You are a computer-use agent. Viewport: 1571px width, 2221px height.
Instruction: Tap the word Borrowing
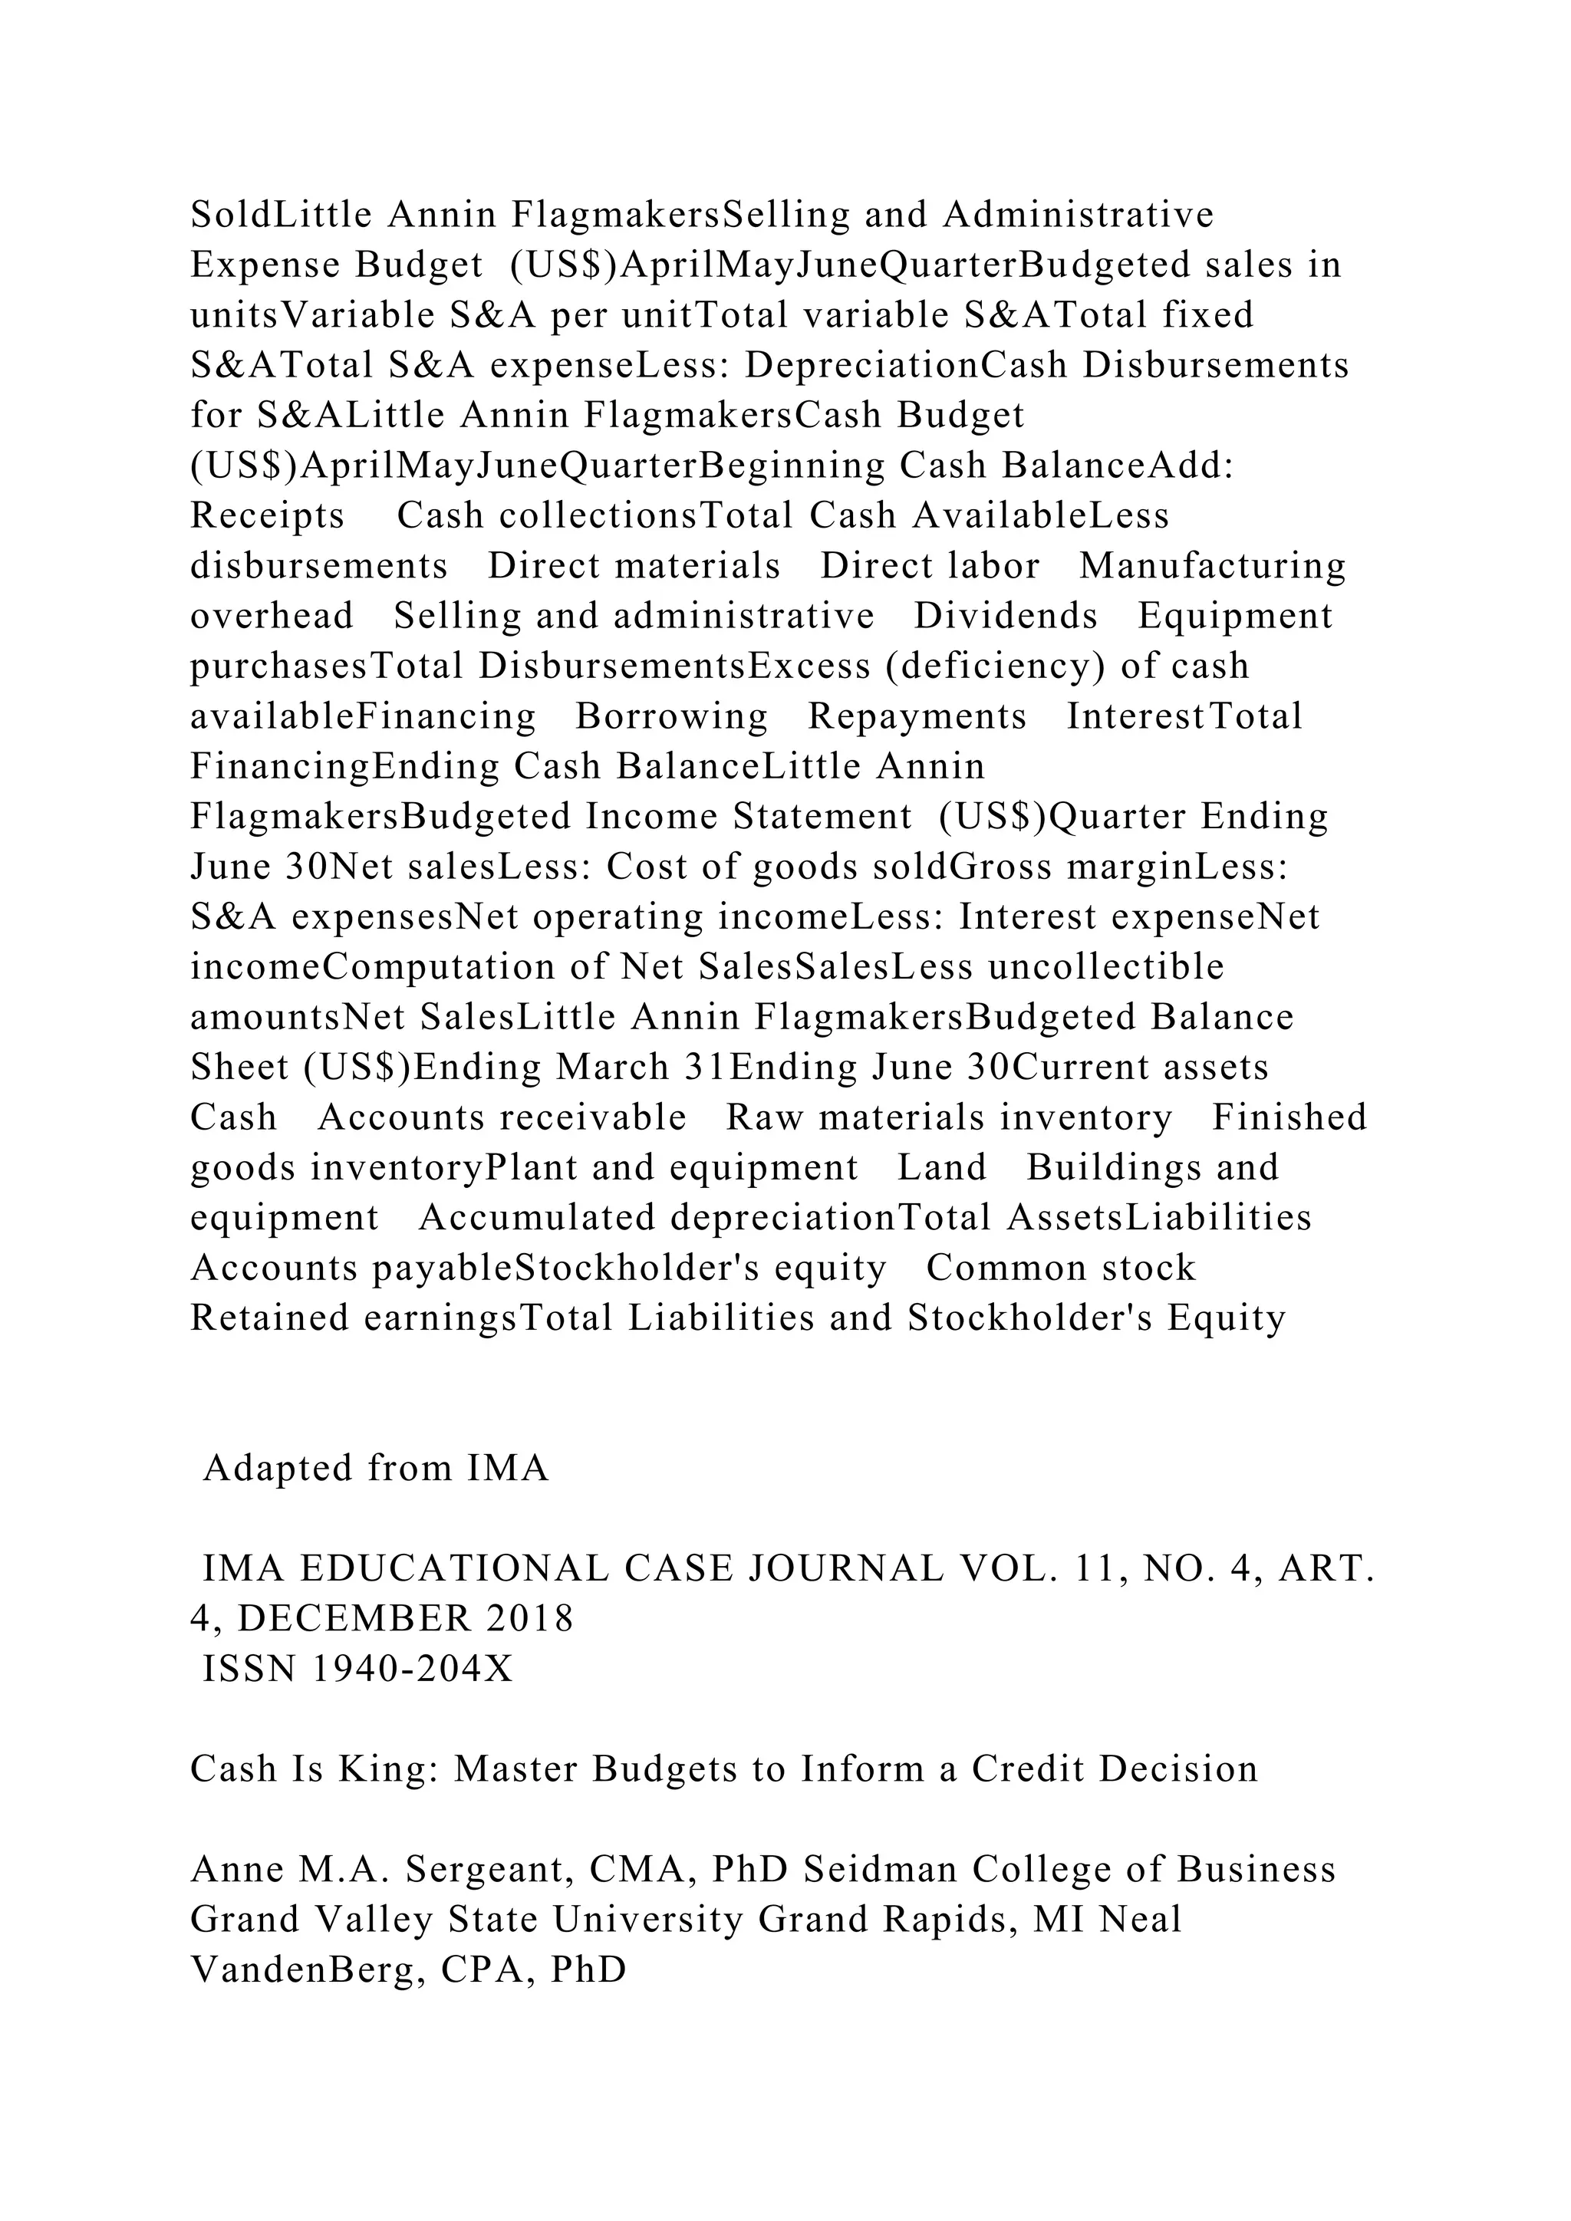tap(671, 717)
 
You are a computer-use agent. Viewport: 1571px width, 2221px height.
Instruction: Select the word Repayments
tap(917, 717)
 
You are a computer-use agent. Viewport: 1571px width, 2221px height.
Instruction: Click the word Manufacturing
tap(1212, 566)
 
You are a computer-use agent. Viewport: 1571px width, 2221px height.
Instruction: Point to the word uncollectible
tap(1105, 967)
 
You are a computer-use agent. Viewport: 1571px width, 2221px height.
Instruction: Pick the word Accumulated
tap(537, 1218)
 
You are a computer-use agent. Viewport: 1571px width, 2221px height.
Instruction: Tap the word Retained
tap(269, 1318)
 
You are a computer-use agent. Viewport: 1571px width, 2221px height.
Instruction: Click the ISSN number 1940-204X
tap(413, 1670)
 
